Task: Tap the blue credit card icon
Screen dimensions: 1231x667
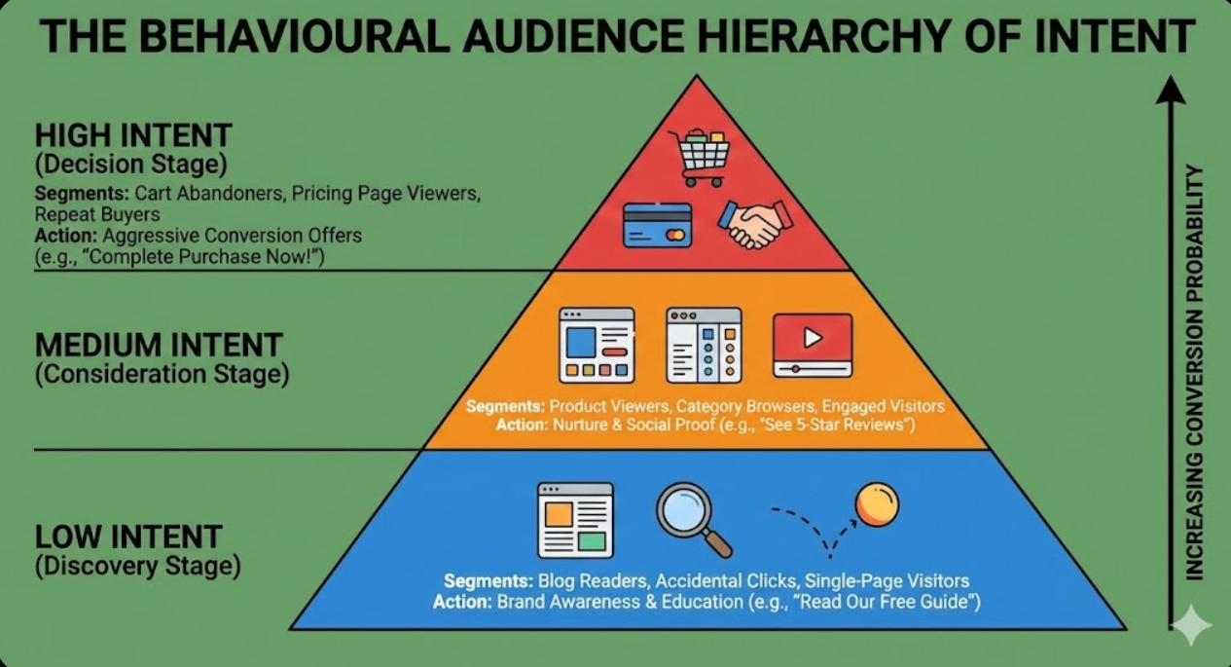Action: [x=657, y=225]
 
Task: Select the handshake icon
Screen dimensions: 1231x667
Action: [x=754, y=224]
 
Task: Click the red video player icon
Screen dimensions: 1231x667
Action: [x=812, y=345]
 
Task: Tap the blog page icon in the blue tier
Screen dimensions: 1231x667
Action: [x=575, y=520]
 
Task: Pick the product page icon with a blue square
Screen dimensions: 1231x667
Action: [x=597, y=345]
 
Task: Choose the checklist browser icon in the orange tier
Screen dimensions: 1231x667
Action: [x=703, y=345]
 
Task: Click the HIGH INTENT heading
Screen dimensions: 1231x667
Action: [x=133, y=134]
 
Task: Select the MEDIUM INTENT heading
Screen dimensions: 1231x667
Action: [x=159, y=344]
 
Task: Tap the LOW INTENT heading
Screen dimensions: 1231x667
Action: [x=128, y=537]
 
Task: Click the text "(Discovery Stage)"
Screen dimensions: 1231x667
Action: [x=137, y=566]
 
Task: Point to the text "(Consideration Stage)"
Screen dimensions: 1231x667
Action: [x=162, y=374]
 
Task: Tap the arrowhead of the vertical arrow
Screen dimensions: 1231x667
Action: [x=1170, y=90]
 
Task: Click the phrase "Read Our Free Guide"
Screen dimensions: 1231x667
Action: [x=887, y=602]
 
